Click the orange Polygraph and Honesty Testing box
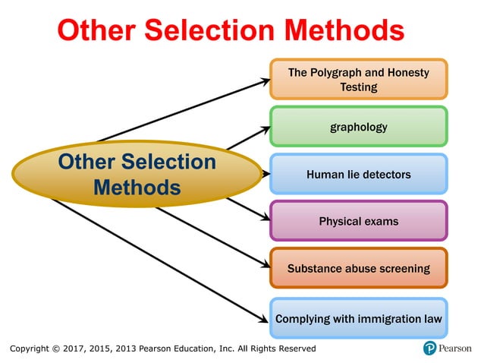click(358, 80)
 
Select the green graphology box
click(358, 127)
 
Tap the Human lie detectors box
click(358, 175)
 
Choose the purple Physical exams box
click(358, 222)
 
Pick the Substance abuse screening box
click(358, 269)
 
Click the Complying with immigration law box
click(358, 318)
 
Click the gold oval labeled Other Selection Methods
click(137, 174)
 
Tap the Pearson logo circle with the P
click(431, 349)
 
